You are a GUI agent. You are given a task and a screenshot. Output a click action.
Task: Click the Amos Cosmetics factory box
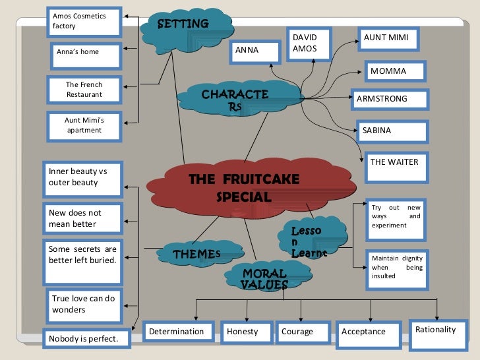[x=84, y=22]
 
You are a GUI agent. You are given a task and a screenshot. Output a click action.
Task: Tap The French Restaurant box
[x=84, y=90]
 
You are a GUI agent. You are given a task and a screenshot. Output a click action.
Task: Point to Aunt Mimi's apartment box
[x=84, y=125]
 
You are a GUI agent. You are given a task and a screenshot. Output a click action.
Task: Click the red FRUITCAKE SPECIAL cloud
[x=244, y=188]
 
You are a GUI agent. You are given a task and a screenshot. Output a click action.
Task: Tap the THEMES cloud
[x=196, y=254]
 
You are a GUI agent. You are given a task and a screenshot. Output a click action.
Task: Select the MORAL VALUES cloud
[x=264, y=278]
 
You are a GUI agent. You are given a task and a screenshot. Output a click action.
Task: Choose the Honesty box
[x=246, y=332]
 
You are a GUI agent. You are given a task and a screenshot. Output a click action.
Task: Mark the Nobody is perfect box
[x=86, y=339]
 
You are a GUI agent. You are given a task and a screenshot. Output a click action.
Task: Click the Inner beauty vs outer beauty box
[x=82, y=178]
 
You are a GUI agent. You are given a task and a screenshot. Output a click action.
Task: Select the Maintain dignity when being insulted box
[x=396, y=270]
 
